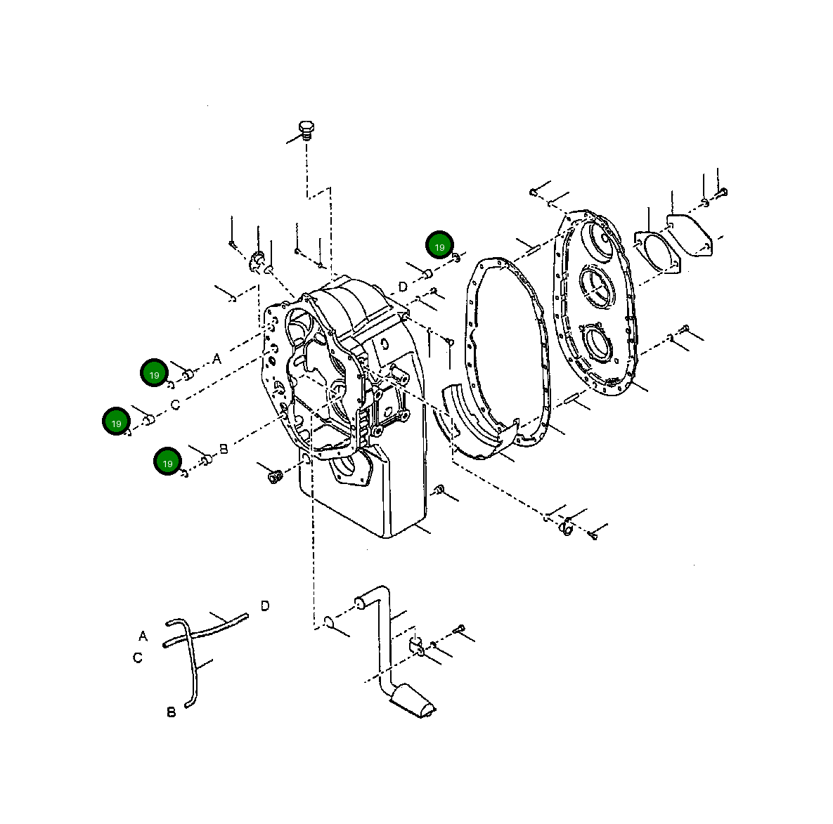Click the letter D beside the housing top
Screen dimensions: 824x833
pyautogui.click(x=403, y=287)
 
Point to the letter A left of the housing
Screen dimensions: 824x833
pyautogui.click(x=217, y=359)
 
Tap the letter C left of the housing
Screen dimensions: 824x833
pyautogui.click(x=175, y=405)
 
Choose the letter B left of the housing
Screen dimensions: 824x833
pyautogui.click(x=224, y=448)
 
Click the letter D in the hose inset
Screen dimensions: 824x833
pyautogui.click(x=264, y=606)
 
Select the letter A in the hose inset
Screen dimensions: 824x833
pyautogui.click(x=143, y=636)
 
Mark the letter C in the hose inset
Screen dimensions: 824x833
pyautogui.click(x=138, y=658)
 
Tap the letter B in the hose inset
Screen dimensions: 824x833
pyautogui.click(x=171, y=712)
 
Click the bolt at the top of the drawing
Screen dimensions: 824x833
pyautogui.click(x=306, y=130)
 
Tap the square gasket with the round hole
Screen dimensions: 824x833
pyautogui.click(x=658, y=249)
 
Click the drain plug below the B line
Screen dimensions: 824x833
pyautogui.click(x=275, y=476)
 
